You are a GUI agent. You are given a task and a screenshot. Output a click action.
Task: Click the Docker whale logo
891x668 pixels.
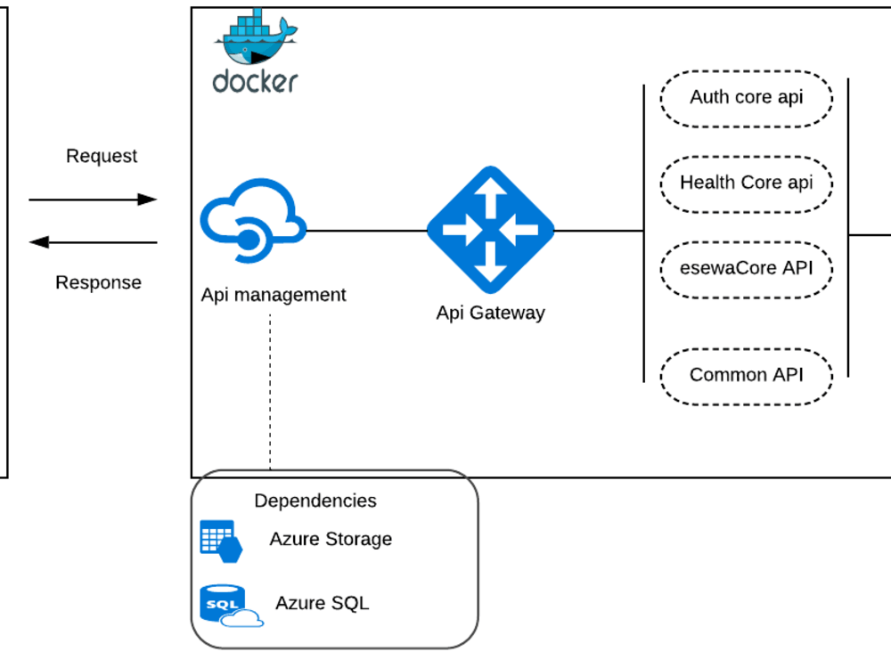tap(256, 37)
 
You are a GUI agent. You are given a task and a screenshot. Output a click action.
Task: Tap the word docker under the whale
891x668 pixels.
tap(255, 83)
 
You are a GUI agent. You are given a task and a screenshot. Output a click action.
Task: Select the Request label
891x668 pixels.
tap(102, 156)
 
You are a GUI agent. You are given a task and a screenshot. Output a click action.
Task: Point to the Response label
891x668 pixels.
tap(98, 283)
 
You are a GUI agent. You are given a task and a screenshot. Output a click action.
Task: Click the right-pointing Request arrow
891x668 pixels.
tap(93, 200)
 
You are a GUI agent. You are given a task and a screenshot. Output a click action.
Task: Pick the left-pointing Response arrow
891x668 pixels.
tap(93, 242)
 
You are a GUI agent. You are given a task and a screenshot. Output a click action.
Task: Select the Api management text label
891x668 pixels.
tap(273, 295)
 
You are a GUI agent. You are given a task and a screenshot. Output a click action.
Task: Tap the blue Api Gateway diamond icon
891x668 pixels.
tap(490, 230)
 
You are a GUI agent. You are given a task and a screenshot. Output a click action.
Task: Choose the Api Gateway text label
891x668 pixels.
tap(490, 313)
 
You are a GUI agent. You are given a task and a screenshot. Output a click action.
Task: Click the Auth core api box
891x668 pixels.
tap(746, 97)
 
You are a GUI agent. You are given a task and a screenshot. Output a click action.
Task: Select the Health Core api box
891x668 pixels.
tap(746, 183)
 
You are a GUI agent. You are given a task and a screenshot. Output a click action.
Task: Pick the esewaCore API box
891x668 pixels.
tap(746, 267)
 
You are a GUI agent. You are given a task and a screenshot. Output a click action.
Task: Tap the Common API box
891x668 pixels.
tap(746, 375)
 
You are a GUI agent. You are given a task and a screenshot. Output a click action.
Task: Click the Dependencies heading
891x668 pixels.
tap(315, 501)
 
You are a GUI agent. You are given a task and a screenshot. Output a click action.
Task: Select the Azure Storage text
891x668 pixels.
tap(331, 539)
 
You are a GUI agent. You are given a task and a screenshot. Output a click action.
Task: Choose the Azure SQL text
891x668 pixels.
tap(322, 603)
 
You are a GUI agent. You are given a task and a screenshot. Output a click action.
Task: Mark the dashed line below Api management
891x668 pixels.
tap(270, 392)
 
